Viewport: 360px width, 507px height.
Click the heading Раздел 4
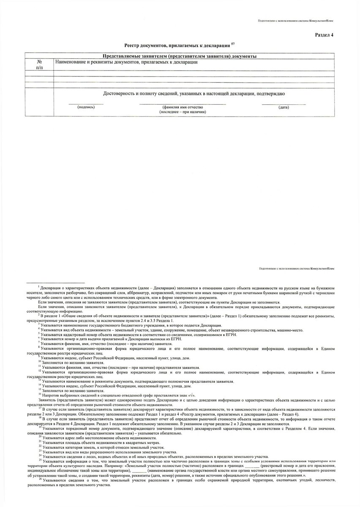[324, 35]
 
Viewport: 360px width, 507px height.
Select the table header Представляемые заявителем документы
[180, 56]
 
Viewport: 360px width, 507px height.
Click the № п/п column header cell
[39, 64]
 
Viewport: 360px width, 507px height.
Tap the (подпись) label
[86, 107]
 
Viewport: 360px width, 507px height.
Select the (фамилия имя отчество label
[182, 107]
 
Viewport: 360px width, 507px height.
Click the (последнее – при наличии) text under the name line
[182, 112]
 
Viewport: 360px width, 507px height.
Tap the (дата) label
[284, 107]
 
